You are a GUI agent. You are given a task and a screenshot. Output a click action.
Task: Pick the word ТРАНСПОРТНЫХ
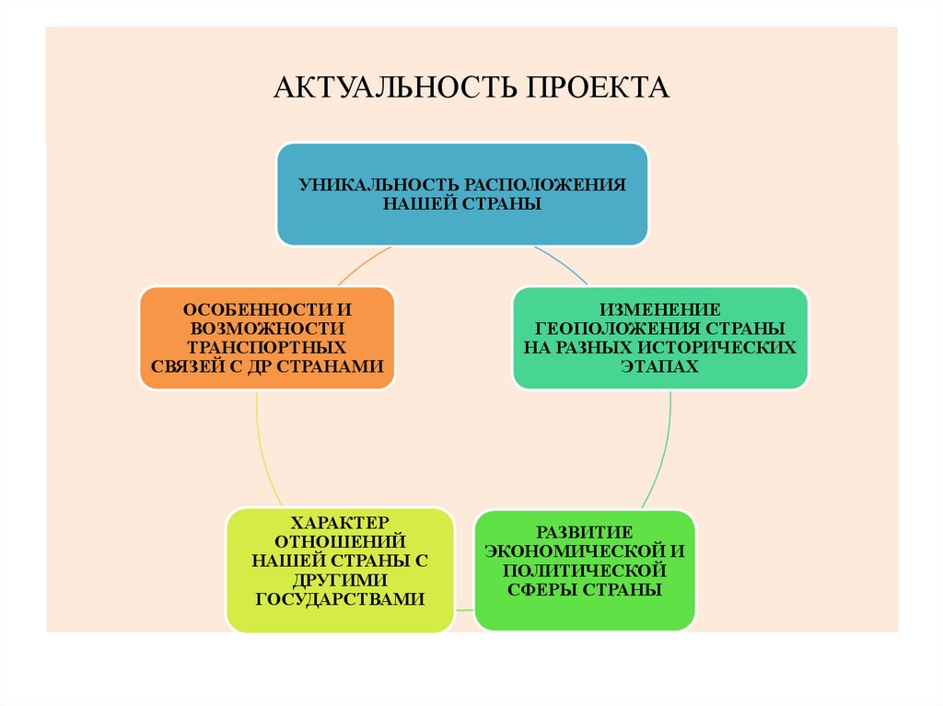pos(267,348)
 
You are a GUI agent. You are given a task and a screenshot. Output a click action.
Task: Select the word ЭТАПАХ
pos(659,367)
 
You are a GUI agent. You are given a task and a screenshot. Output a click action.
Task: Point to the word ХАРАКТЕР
pos(340,521)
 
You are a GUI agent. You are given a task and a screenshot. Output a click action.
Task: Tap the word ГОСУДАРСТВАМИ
pos(340,599)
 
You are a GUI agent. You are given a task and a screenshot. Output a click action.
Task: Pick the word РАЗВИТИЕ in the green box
pos(585,531)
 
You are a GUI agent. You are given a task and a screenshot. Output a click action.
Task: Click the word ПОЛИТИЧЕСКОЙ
pos(585,570)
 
